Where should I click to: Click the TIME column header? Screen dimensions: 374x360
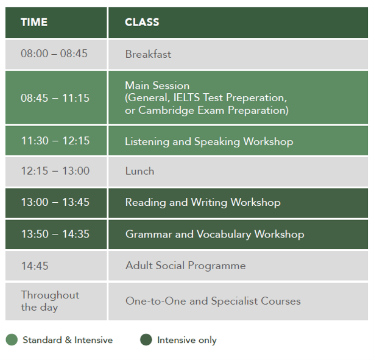(34, 22)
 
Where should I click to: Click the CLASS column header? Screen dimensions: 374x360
(142, 22)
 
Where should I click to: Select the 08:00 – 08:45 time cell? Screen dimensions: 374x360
(56, 54)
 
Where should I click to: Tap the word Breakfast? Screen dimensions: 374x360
(148, 54)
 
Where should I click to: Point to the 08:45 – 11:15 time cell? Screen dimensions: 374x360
(56, 97)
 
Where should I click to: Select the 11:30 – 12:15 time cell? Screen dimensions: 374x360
(56, 141)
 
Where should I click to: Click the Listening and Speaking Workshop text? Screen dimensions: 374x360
(209, 141)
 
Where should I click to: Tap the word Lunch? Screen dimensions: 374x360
(139, 171)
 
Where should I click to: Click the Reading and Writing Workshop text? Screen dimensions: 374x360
(203, 202)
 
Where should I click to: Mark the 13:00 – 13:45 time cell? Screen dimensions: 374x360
(56, 203)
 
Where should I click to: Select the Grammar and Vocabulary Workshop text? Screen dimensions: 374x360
(214, 234)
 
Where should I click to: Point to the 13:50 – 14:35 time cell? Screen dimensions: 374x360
(56, 235)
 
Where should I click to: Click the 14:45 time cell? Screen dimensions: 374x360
(56, 266)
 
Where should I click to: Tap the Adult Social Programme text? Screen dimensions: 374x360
(186, 266)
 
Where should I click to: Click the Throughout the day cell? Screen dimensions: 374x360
(56, 302)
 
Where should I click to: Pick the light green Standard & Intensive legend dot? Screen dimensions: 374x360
(12, 339)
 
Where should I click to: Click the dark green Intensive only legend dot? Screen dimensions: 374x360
(146, 339)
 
